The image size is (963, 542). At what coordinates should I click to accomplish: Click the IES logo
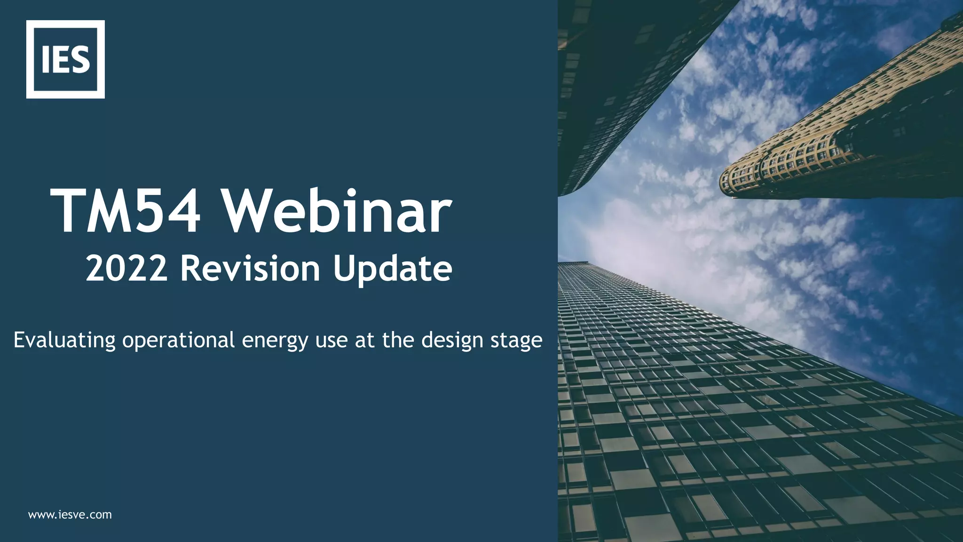pos(65,59)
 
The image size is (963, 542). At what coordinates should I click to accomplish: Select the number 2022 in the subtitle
pos(126,269)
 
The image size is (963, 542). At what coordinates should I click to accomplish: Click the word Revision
pos(250,269)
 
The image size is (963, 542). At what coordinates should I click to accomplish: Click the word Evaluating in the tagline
pos(64,340)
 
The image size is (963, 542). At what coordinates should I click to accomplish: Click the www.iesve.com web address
pos(70,515)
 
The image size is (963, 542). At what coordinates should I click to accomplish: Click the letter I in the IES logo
pos(45,60)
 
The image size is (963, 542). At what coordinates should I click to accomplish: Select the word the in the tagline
pos(399,340)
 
